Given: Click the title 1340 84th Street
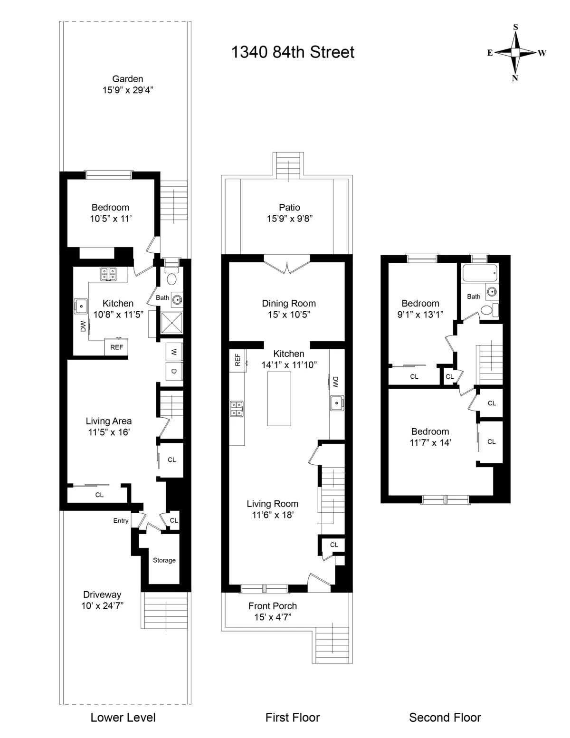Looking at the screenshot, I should (293, 52).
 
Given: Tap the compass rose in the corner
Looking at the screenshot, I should (515, 53).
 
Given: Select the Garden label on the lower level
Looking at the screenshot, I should (127, 79).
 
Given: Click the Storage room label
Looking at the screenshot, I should (164, 560).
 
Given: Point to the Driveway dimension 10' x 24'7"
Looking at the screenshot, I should (102, 605).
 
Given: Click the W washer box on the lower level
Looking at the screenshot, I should (174, 352).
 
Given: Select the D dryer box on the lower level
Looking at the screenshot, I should (174, 371).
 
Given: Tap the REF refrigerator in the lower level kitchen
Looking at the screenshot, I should (116, 347).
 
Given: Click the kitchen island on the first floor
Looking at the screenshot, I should (279, 399).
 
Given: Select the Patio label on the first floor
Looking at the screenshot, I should (289, 207).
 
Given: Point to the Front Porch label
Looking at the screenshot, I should (273, 606).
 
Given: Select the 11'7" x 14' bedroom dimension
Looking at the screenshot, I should (430, 443).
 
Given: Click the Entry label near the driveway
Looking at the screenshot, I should (121, 521).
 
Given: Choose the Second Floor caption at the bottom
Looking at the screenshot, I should (445, 718).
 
